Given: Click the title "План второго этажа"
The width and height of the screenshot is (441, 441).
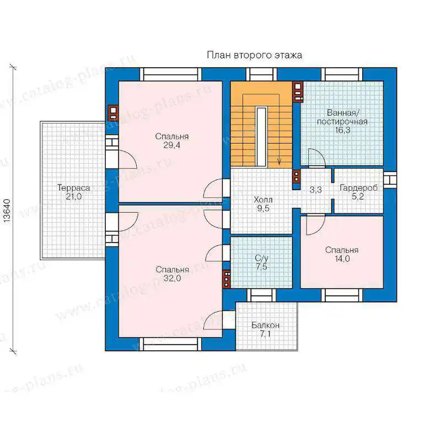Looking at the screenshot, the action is (x=255, y=55).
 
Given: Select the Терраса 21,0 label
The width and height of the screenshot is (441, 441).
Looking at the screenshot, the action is (x=74, y=192).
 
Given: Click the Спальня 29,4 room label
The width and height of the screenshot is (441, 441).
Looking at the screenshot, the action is (x=172, y=141).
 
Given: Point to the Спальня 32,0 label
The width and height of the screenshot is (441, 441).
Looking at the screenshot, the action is (x=173, y=274).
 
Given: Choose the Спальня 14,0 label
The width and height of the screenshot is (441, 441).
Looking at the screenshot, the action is (x=342, y=254).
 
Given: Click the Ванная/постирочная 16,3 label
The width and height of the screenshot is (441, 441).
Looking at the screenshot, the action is (x=342, y=121).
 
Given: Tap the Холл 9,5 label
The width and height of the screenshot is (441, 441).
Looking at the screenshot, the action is (x=263, y=204).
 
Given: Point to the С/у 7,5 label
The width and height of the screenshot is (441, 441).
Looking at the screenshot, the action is (x=261, y=262).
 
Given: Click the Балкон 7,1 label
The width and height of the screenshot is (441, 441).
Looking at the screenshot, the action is (x=266, y=330).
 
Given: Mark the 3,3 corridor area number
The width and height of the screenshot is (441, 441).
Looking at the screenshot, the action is (x=315, y=190).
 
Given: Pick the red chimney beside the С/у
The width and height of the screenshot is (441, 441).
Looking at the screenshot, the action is (x=227, y=279).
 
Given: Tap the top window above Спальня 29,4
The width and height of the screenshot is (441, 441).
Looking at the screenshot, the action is (x=171, y=74).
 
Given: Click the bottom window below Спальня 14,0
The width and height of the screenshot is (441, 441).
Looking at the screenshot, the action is (x=342, y=295).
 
